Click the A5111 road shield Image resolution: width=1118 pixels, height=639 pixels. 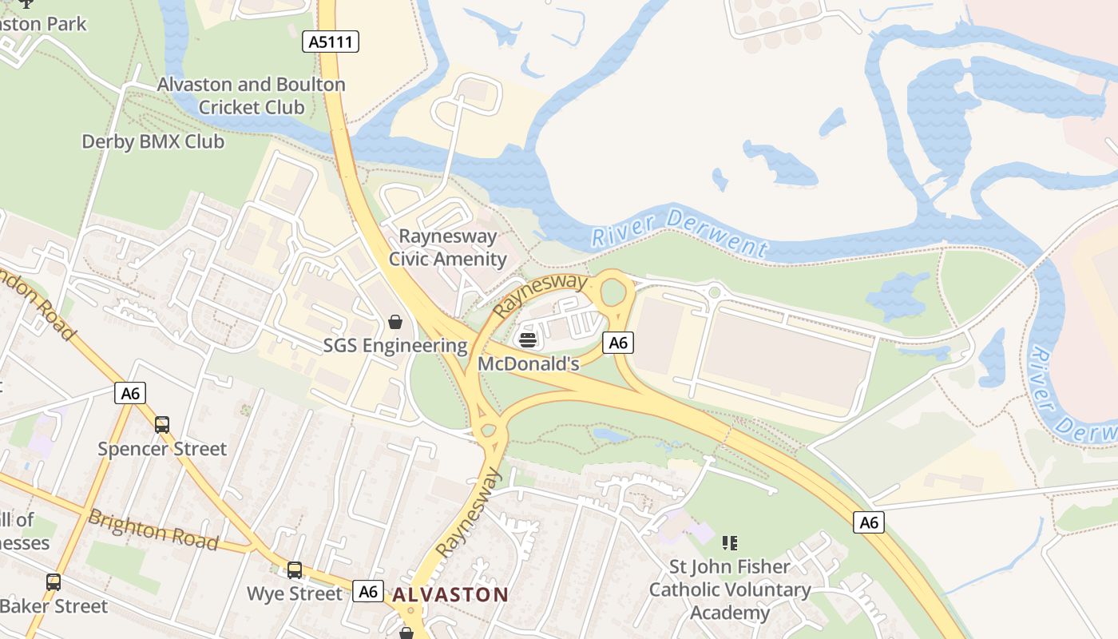click(x=331, y=42)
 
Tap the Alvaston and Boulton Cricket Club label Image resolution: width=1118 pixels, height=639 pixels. click(x=252, y=96)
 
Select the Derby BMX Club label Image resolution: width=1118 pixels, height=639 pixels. click(x=153, y=142)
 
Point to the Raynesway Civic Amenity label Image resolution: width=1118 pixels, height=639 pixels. click(x=447, y=248)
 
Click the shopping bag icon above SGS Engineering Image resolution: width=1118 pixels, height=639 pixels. click(x=394, y=322)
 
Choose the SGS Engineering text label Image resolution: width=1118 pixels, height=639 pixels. click(x=395, y=346)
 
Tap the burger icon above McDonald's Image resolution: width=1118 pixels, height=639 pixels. click(x=527, y=339)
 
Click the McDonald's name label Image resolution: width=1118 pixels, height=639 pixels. click(x=528, y=363)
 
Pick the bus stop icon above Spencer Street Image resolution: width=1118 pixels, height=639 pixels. click(x=162, y=425)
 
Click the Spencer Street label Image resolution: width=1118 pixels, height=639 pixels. click(x=162, y=449)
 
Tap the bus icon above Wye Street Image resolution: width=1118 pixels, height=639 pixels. click(x=295, y=570)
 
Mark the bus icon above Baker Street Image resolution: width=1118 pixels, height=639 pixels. click(x=54, y=582)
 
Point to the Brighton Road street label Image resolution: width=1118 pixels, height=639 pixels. click(x=153, y=530)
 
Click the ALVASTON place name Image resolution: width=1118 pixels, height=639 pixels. click(x=450, y=594)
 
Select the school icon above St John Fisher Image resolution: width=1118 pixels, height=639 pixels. click(x=729, y=543)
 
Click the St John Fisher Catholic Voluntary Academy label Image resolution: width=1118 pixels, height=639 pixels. click(x=729, y=589)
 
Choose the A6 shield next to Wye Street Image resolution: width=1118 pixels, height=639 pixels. click(x=368, y=592)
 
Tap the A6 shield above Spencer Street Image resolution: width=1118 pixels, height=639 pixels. click(x=131, y=393)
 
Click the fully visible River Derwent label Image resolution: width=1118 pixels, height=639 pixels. click(x=679, y=232)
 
